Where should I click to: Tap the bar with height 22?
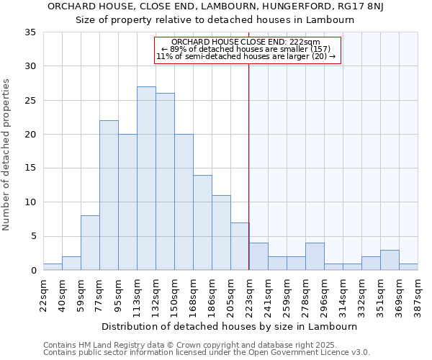[109, 195]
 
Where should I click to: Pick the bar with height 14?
[202, 222]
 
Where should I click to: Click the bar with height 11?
[221, 233]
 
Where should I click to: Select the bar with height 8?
[90, 243]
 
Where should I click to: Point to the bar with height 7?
[240, 246]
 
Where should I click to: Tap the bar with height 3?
[390, 260]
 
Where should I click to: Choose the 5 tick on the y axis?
[34, 236]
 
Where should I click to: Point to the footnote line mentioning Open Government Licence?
[207, 353]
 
